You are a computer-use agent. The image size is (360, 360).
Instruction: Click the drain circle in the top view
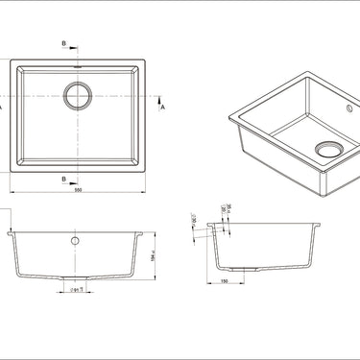[x=76, y=94]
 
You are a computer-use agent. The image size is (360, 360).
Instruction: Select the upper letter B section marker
[x=63, y=44]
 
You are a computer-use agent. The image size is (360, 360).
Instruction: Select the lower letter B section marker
[x=63, y=179]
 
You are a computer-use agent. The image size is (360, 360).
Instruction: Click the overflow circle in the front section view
[x=75, y=239]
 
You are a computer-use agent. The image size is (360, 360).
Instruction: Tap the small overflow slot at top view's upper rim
[x=76, y=66]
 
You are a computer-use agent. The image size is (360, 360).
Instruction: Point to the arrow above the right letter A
[x=161, y=100]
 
